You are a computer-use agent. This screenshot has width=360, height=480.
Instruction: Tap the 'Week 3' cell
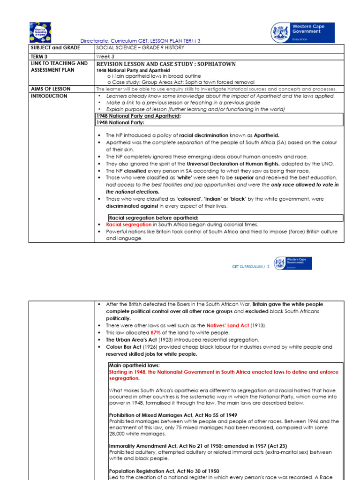click(x=105, y=56)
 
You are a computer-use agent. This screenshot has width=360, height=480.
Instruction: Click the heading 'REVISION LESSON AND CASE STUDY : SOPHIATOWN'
click(x=166, y=64)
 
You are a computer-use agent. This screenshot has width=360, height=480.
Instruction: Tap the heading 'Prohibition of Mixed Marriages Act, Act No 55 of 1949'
click(x=172, y=415)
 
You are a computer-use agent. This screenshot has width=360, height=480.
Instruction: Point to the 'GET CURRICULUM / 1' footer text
click(x=251, y=267)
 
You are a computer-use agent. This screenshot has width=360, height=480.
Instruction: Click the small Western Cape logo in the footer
click(x=293, y=263)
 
